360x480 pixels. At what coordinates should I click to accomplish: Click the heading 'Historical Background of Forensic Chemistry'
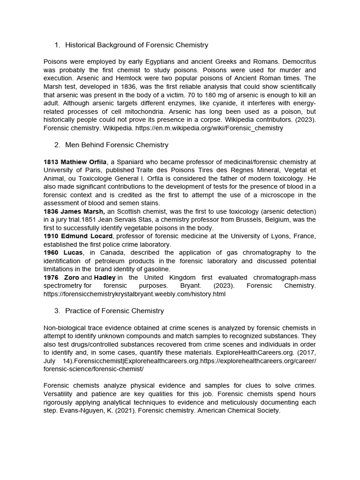click(136, 45)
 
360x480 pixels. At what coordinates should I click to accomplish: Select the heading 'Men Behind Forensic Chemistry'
click(117, 145)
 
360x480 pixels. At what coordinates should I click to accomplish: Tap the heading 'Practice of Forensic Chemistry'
click(114, 311)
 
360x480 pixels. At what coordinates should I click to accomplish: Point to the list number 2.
click(57, 145)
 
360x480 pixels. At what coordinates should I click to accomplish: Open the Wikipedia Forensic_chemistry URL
click(209, 128)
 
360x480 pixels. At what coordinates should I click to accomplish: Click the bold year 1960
click(52, 253)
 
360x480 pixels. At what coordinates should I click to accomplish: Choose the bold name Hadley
click(105, 277)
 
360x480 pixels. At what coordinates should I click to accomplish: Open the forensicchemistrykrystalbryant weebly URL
click(135, 294)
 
